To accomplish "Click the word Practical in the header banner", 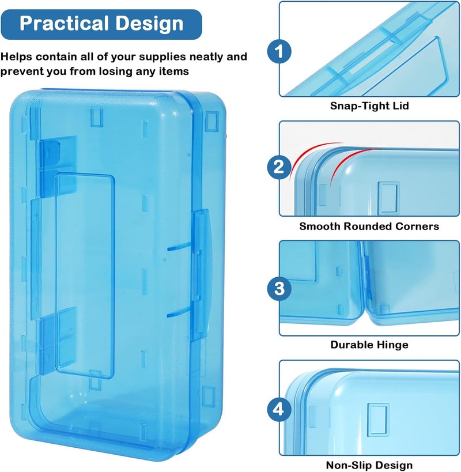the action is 65,23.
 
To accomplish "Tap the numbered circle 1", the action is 279,51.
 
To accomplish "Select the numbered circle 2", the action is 279,167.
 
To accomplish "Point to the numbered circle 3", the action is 279,288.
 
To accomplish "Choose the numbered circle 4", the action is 279,410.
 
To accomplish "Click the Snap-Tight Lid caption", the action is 369,106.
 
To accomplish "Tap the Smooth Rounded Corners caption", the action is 369,226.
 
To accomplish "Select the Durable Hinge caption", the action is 369,345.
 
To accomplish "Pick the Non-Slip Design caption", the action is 369,465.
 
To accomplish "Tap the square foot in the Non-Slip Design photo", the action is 379,420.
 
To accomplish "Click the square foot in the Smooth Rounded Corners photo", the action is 388,198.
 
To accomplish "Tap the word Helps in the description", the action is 16,57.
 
